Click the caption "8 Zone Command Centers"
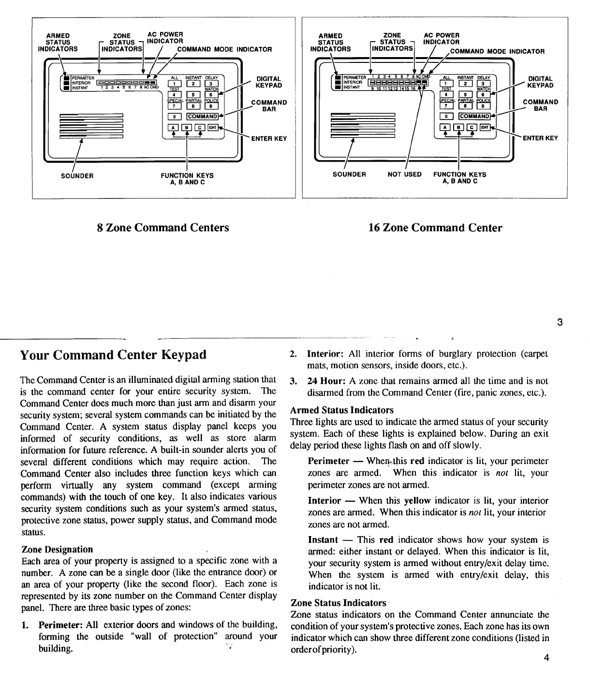(163, 227)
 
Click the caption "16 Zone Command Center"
(435, 227)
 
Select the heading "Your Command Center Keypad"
(113, 355)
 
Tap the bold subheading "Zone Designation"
(57, 549)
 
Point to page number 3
(560, 323)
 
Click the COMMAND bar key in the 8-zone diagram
(202, 116)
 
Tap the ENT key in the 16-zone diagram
(484, 127)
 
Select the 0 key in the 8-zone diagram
(174, 116)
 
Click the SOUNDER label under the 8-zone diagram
(77, 176)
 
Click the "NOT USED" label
(404, 174)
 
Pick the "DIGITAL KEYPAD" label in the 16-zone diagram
(540, 82)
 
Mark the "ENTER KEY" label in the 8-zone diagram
(269, 138)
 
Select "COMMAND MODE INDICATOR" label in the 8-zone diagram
(225, 49)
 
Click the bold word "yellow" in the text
(417, 501)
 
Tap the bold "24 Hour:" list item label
(327, 381)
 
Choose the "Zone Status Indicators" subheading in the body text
(338, 603)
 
